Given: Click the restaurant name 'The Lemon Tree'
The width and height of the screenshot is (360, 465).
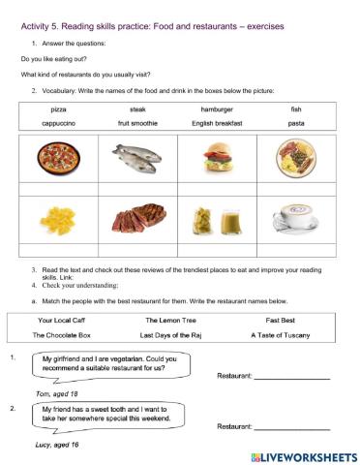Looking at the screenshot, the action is click(169, 319).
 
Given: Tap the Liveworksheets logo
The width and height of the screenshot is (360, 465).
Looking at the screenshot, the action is click(303, 454).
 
